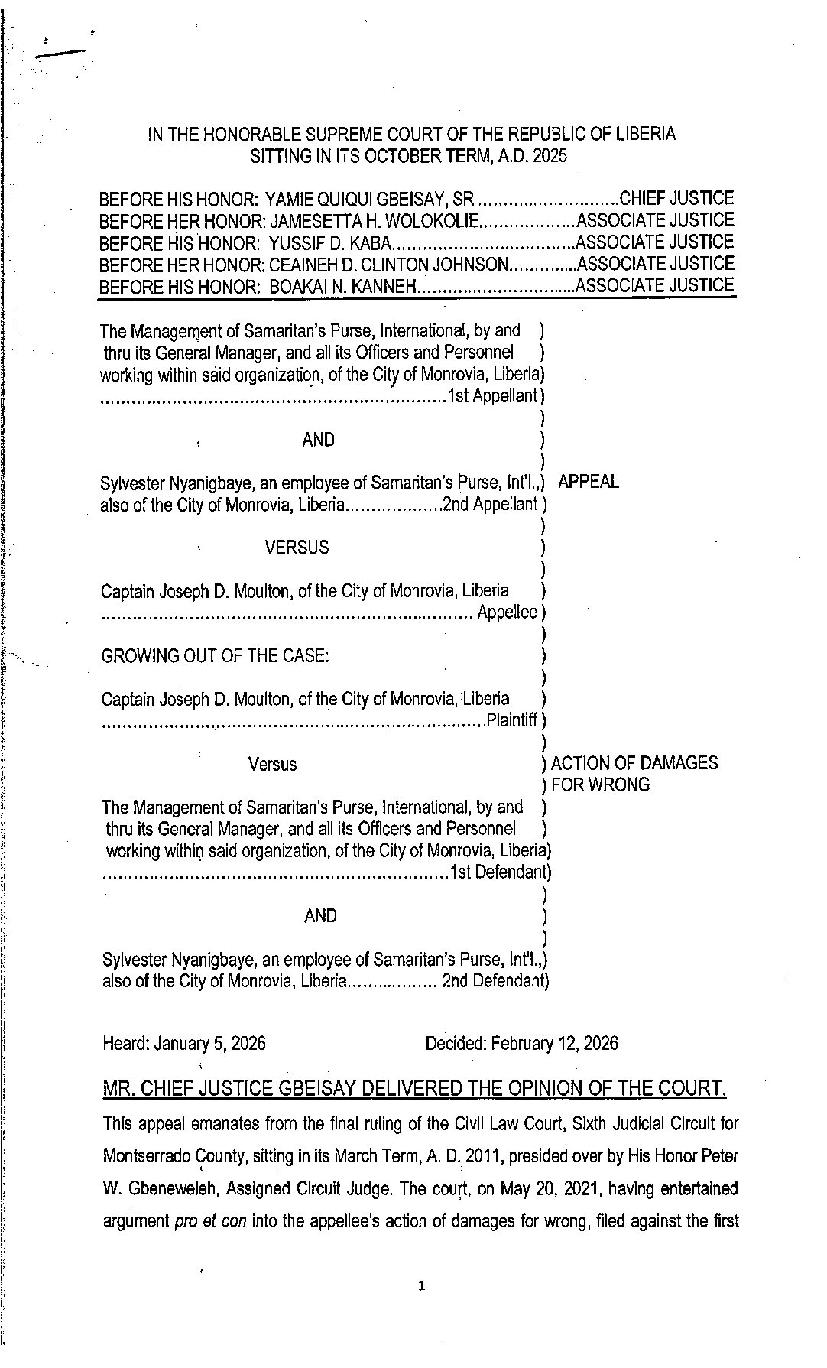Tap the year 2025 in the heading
(x=550, y=156)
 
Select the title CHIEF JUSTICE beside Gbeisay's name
(x=676, y=199)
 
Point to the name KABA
(x=373, y=243)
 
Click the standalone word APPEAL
(x=589, y=482)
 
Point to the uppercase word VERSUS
(x=297, y=548)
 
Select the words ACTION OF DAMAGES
(x=634, y=763)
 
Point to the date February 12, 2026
(x=555, y=1043)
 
